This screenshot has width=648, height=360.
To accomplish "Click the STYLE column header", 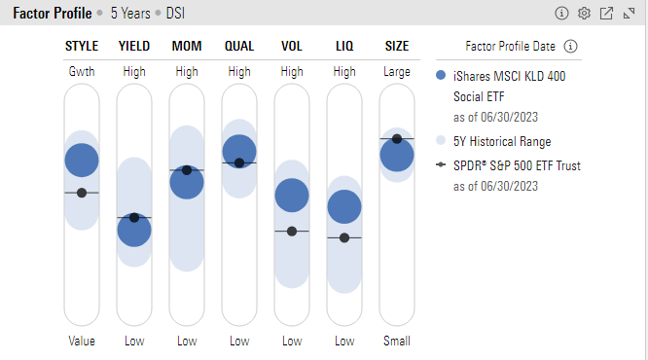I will [82, 47].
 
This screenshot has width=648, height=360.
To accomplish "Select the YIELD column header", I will [134, 47].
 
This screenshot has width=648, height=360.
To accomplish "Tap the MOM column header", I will [187, 47].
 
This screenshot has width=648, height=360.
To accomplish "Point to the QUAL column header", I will [239, 47].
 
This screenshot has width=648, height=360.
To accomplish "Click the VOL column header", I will [292, 47].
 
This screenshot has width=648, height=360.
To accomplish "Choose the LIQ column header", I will [344, 47].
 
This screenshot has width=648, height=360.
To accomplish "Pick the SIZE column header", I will [397, 47].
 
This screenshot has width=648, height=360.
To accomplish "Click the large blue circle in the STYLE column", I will [82, 161].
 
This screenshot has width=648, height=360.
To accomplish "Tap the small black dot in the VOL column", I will [292, 231].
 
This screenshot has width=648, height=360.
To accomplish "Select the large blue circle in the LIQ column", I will [344, 206].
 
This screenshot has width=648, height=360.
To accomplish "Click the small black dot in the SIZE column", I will [397, 139].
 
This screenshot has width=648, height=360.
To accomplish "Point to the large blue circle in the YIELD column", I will [134, 231].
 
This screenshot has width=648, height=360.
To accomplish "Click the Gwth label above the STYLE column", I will [82, 72].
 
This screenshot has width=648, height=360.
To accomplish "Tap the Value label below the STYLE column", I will [82, 342].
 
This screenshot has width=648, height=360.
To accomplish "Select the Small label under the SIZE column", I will [397, 342].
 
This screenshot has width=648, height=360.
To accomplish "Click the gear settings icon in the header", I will [584, 14].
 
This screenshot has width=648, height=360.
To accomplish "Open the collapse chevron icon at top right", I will [630, 14].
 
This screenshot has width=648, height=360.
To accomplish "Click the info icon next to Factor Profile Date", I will [571, 47].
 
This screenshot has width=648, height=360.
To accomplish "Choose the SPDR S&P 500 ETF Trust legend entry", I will [517, 166].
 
